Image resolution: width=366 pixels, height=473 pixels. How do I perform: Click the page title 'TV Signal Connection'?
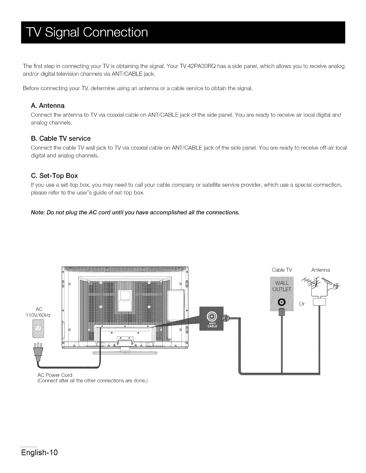(x=85, y=32)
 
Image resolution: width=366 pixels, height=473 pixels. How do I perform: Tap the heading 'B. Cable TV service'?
(x=61, y=138)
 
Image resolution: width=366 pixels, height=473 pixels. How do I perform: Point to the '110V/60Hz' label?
(x=39, y=315)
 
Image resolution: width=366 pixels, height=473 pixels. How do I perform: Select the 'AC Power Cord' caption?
(x=55, y=375)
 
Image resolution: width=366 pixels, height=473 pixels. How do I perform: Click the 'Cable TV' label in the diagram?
(x=282, y=270)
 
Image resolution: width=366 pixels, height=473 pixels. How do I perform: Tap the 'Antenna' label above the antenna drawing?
(x=320, y=270)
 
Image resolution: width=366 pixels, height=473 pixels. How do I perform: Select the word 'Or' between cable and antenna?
(x=302, y=304)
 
